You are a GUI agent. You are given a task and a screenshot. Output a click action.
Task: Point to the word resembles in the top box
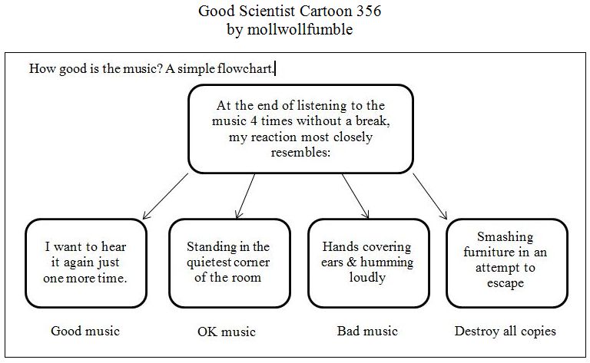tap(301, 153)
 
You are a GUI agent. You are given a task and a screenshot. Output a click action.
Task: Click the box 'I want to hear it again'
tap(85, 262)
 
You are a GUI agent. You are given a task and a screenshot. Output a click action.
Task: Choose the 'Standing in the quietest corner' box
tap(228, 262)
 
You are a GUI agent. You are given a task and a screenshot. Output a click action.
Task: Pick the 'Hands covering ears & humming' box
tap(367, 262)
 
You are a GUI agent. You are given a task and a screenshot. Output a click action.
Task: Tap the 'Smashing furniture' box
tap(505, 262)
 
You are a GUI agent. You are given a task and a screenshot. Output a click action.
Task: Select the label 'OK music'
tap(227, 332)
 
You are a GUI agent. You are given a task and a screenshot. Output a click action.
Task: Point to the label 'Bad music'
tap(367, 332)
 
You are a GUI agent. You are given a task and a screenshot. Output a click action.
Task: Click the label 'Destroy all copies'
tap(505, 332)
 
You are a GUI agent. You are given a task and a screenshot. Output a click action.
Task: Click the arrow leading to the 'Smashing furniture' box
tap(431, 196)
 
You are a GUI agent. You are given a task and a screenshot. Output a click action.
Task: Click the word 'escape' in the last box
tap(505, 283)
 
